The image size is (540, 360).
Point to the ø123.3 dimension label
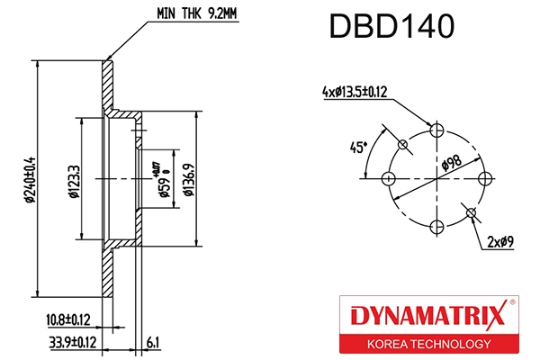pos(71,179)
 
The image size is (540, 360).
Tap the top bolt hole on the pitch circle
pos(436,131)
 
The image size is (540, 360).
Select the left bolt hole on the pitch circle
pos(391,177)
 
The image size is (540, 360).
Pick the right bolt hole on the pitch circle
pos(483,177)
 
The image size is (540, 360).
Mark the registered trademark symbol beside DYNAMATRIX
pos(512,303)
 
